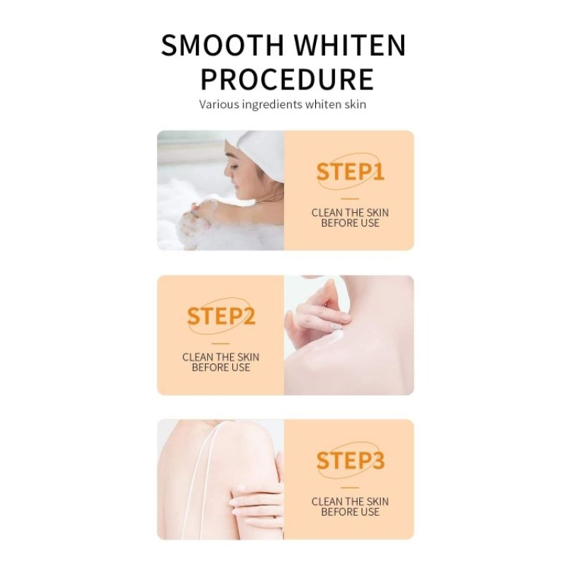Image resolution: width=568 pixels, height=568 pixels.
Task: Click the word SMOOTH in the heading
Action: [x=222, y=45]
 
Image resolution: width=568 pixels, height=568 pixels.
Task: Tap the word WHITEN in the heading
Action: [x=349, y=45]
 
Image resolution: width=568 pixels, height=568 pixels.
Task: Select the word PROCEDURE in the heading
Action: [x=287, y=80]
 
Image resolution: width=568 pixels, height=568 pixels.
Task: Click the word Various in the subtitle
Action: [x=219, y=104]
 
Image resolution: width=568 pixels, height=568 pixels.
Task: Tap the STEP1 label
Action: [x=350, y=172]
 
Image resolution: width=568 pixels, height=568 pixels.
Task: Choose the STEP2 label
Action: [x=221, y=316]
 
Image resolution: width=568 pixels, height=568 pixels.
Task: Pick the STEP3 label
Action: [x=350, y=460]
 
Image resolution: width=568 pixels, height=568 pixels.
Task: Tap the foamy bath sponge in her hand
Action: [x=196, y=221]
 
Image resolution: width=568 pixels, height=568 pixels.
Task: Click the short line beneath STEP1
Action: [x=350, y=199]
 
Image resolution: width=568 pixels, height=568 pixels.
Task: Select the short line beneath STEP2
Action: [x=221, y=344]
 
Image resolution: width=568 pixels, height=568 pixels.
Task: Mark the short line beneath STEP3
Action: [x=350, y=488]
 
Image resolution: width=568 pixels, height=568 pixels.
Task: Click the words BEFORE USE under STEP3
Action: [x=350, y=512]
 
